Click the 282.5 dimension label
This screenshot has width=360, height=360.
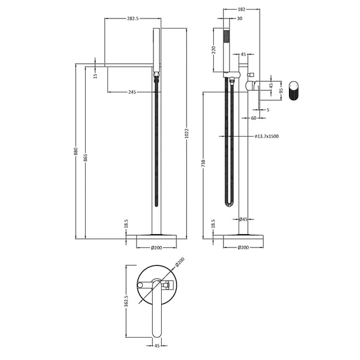(x=133, y=18)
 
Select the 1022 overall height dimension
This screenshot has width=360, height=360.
(x=186, y=133)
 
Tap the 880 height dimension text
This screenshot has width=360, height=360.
(x=76, y=152)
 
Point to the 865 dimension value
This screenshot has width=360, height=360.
(x=86, y=158)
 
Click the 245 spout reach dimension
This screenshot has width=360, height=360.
(x=132, y=92)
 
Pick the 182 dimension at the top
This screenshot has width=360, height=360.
(x=241, y=9)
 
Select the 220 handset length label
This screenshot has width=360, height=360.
(x=213, y=50)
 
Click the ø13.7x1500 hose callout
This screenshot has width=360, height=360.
(x=267, y=136)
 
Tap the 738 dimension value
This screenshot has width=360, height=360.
(x=203, y=163)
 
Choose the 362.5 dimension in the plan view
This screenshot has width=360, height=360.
(x=127, y=301)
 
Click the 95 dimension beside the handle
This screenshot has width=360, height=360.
(x=281, y=91)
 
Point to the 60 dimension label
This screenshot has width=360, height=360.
(x=254, y=118)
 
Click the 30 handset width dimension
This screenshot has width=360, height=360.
(x=240, y=18)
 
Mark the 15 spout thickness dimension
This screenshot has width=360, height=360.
(x=96, y=75)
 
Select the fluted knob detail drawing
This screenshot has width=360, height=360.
(x=293, y=91)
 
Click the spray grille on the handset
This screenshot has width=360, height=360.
(x=226, y=37)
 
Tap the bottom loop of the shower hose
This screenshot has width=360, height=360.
(x=229, y=204)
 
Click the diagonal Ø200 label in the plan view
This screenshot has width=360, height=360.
(x=180, y=262)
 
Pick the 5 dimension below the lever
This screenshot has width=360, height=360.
(x=268, y=110)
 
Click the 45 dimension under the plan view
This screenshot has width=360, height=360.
(x=157, y=345)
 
